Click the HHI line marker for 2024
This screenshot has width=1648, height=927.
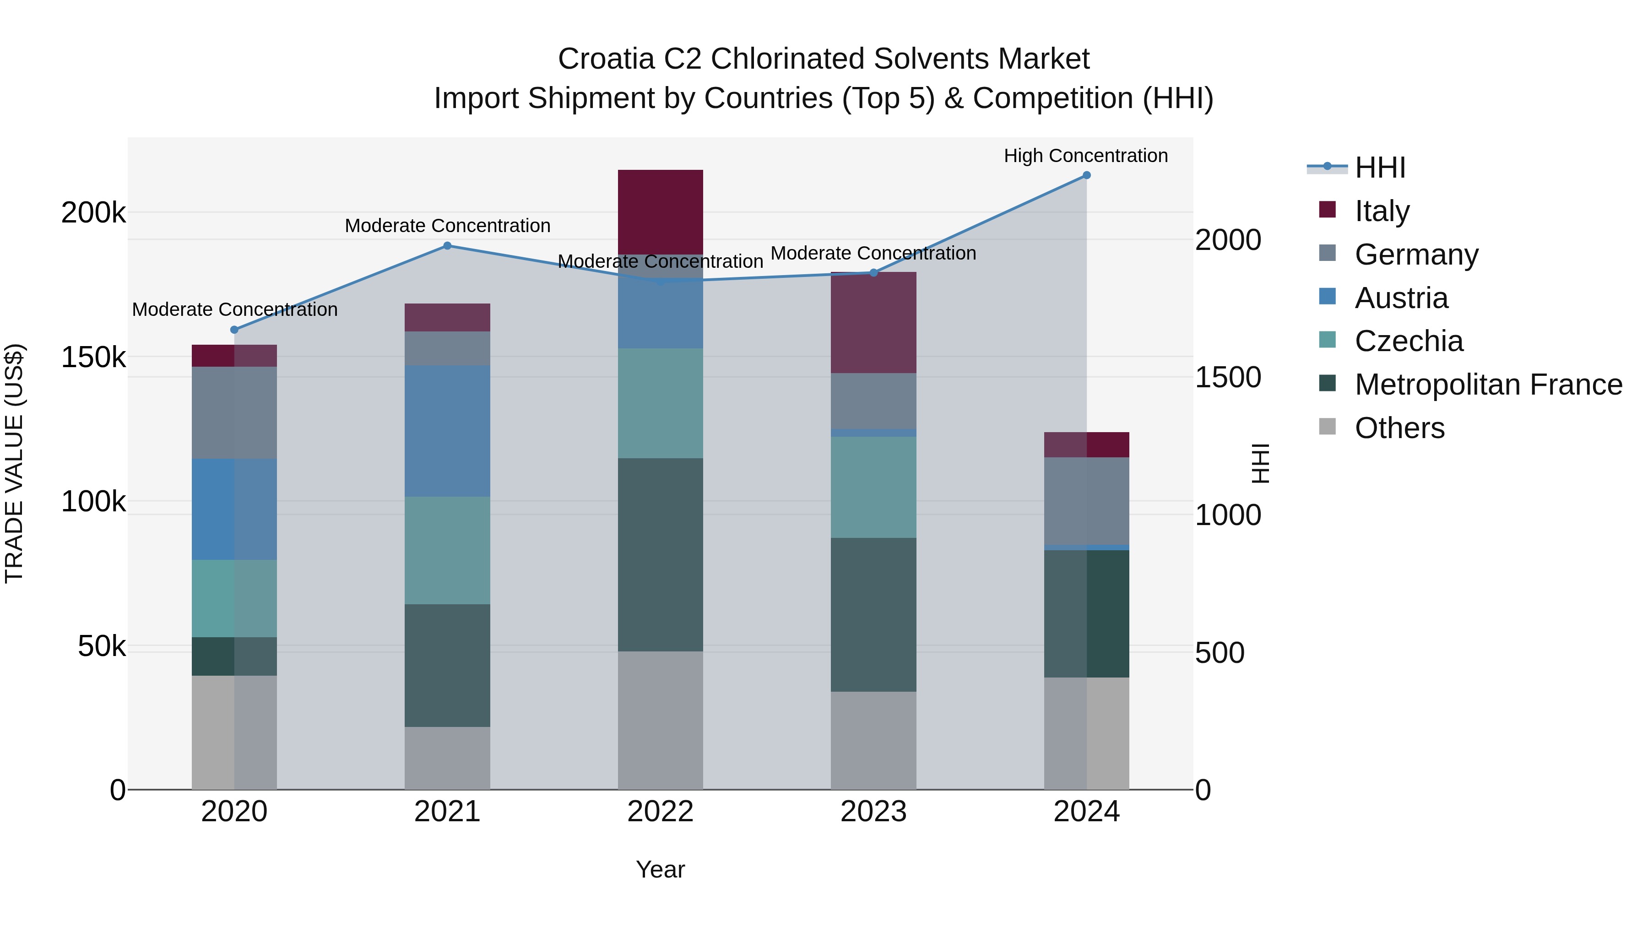coord(1086,175)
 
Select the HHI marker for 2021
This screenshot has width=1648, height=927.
coord(447,246)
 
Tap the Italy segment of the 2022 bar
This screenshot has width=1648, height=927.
coord(660,212)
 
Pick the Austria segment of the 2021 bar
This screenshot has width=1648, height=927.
coord(447,431)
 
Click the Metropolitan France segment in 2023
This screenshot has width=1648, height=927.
coord(873,614)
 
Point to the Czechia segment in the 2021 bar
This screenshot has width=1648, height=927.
coord(447,550)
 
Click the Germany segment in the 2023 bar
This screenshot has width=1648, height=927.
coord(873,401)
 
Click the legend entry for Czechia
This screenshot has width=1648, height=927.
coord(1408,341)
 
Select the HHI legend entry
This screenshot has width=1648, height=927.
coord(1379,168)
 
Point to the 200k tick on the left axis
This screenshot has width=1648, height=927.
coord(93,212)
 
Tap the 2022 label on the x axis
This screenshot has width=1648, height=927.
coord(660,812)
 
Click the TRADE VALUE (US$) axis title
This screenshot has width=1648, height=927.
coord(14,463)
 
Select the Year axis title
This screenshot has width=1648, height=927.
coord(660,869)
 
